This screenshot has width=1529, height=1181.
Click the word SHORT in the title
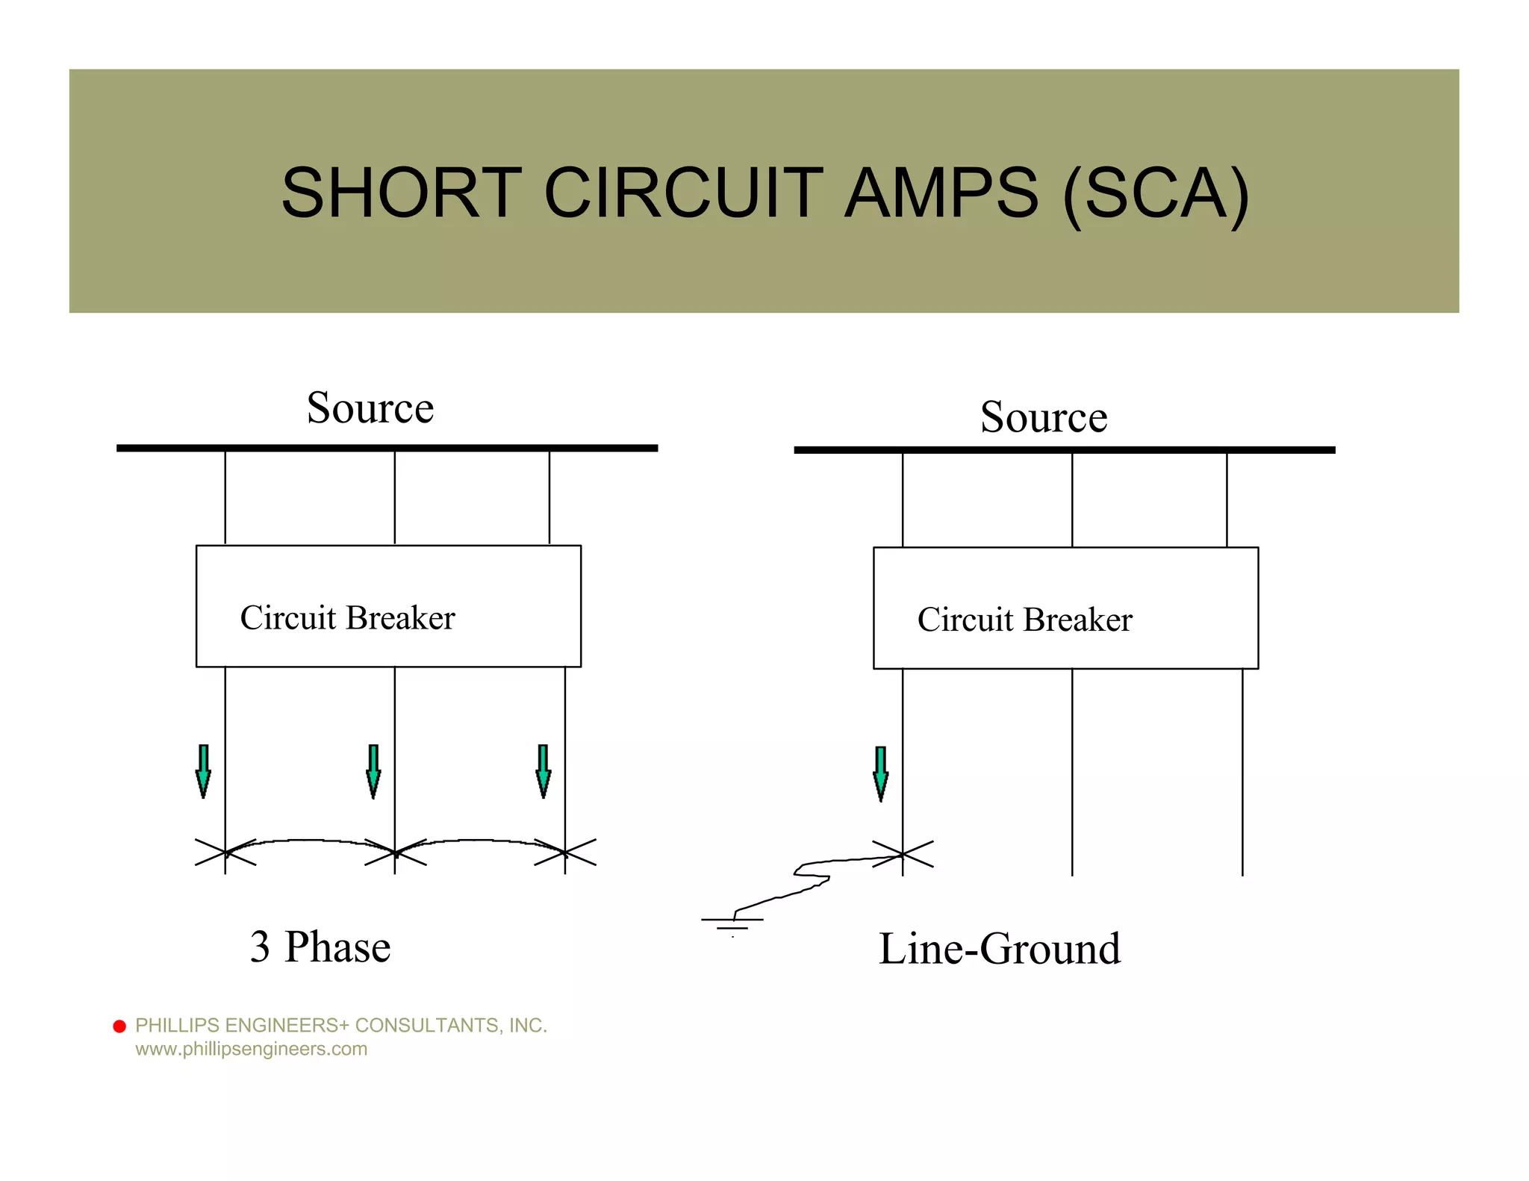click(x=401, y=193)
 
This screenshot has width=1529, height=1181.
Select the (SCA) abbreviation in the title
click(x=1156, y=194)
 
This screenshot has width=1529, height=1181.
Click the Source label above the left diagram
click(x=370, y=408)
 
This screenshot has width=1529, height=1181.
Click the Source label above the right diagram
click(x=1044, y=417)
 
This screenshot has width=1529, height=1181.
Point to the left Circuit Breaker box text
click(x=347, y=618)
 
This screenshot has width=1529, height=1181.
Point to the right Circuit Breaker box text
click(x=1024, y=620)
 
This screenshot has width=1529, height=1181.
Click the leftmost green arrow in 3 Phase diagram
click(x=203, y=771)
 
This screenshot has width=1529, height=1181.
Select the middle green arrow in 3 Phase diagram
click(x=373, y=771)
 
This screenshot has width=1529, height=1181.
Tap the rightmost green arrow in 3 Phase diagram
click(x=544, y=771)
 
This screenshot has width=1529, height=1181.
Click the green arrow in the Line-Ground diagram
click(x=881, y=773)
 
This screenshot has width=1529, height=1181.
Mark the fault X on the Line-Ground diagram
click(x=903, y=854)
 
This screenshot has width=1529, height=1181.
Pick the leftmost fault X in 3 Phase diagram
click(x=225, y=852)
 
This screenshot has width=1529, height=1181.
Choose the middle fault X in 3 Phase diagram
click(x=395, y=852)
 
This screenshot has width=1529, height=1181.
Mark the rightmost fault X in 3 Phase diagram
click(x=565, y=852)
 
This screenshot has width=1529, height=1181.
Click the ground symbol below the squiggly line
click(x=732, y=923)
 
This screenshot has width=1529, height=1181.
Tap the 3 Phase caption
click(x=320, y=947)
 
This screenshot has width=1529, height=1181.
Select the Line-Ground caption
click(x=1000, y=950)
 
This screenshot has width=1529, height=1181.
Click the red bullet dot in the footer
click(x=119, y=1026)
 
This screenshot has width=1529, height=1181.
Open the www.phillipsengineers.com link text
click(x=251, y=1049)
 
